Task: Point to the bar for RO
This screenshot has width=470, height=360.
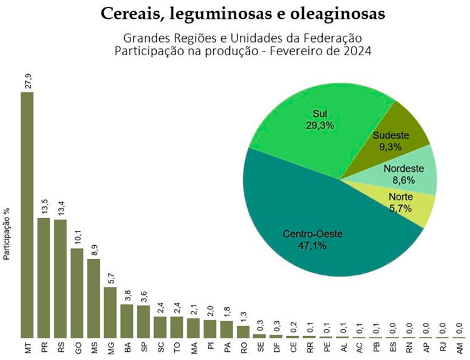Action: coord(243,331)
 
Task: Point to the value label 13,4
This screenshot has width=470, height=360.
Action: coord(61,208)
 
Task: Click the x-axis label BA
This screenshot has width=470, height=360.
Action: coord(127,347)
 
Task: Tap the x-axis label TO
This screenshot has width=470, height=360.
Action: coord(177,347)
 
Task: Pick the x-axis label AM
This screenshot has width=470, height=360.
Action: coord(459,347)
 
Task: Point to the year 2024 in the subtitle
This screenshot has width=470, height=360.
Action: coord(355,51)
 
